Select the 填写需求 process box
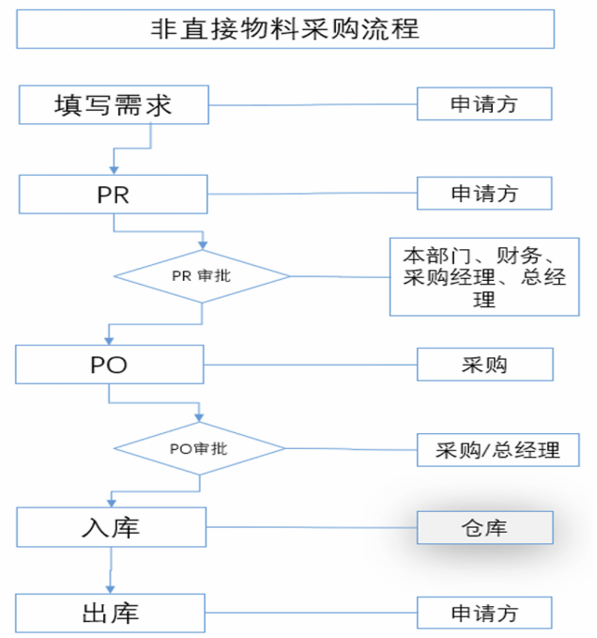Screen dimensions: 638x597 (x=113, y=104)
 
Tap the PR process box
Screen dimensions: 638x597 (x=113, y=195)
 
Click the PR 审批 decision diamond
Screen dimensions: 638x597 (x=202, y=276)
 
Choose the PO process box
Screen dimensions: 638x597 (x=109, y=365)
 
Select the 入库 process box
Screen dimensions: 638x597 (x=111, y=527)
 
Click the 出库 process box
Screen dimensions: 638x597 (x=111, y=613)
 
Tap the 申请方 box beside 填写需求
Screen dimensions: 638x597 (x=484, y=104)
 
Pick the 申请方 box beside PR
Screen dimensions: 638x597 (x=484, y=195)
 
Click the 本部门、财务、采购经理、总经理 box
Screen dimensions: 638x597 (x=484, y=276)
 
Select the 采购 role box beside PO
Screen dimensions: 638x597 (x=484, y=365)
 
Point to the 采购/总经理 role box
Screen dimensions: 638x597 (x=497, y=450)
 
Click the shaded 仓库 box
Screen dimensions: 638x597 (x=484, y=528)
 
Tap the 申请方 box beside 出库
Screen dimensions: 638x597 (x=484, y=614)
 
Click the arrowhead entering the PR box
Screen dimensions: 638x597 (x=114, y=169)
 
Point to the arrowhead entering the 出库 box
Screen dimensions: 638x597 (x=111, y=589)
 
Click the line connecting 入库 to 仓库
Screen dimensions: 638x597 (x=310, y=527)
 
